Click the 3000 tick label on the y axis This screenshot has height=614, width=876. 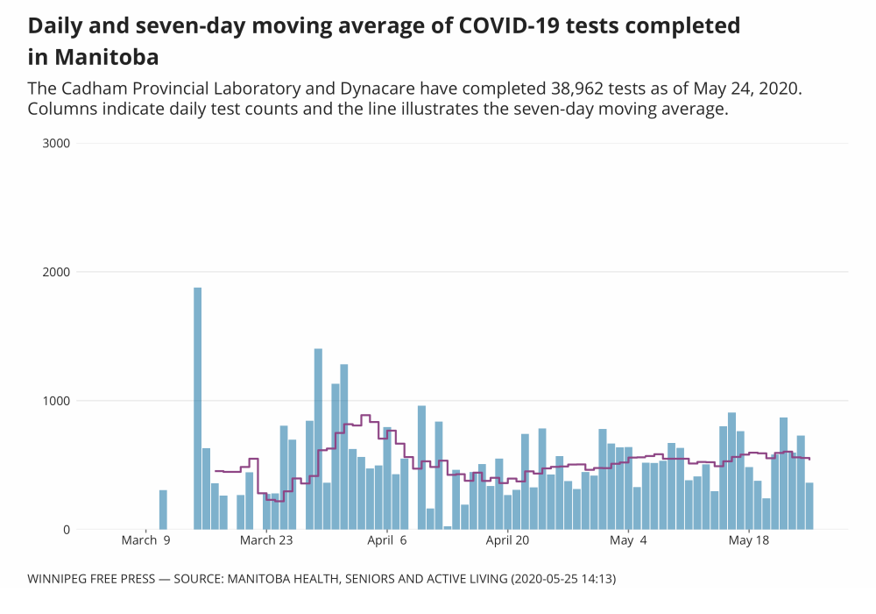tap(56, 143)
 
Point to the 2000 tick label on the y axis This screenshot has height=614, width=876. tap(56, 272)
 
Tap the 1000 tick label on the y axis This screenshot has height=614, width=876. tap(56, 401)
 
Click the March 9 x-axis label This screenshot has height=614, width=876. tap(146, 541)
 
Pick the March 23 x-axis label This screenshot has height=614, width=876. tap(266, 541)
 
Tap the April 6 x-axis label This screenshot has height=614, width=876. tap(387, 541)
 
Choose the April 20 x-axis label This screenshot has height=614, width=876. tap(508, 541)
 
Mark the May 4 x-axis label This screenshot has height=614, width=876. tap(628, 541)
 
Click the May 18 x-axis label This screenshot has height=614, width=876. tap(749, 541)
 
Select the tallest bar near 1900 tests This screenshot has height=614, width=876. tap(198, 408)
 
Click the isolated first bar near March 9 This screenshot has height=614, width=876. tap(163, 510)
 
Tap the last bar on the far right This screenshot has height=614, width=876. tap(809, 506)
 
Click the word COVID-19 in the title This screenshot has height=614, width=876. tap(503, 25)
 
